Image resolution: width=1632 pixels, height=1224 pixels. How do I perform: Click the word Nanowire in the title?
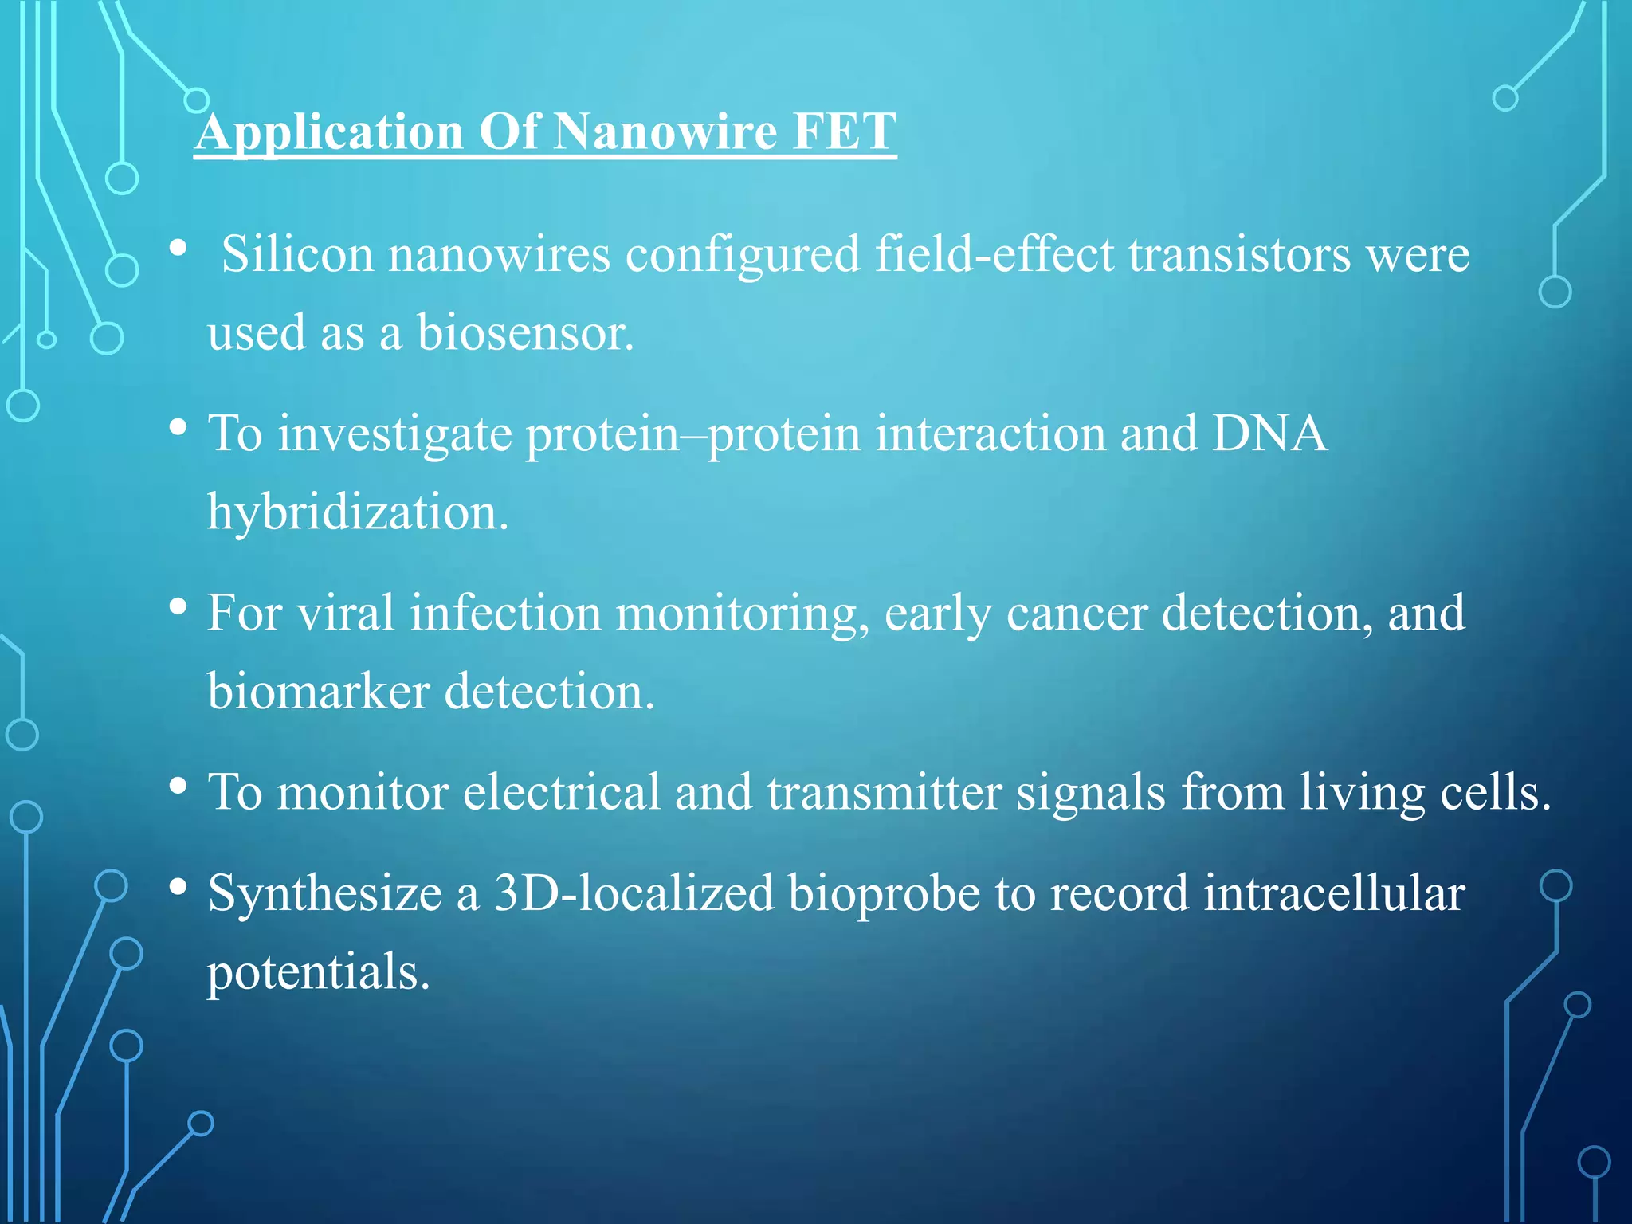(665, 131)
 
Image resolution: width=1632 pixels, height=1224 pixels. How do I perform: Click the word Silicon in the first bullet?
(297, 255)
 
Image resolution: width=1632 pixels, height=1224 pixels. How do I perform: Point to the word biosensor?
(525, 332)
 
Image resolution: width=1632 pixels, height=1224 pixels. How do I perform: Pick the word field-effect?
(994, 255)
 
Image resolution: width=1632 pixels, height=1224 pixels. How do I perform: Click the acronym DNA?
(1269, 434)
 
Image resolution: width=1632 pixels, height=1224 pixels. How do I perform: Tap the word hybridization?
(358, 512)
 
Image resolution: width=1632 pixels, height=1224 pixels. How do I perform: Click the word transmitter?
(885, 792)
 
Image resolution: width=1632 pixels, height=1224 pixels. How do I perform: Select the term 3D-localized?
(634, 892)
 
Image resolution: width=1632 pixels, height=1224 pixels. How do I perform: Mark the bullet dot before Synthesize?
(178, 886)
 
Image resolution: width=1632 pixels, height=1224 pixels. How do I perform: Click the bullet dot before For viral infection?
(178, 607)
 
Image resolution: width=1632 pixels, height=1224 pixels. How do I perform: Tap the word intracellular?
(1334, 892)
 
